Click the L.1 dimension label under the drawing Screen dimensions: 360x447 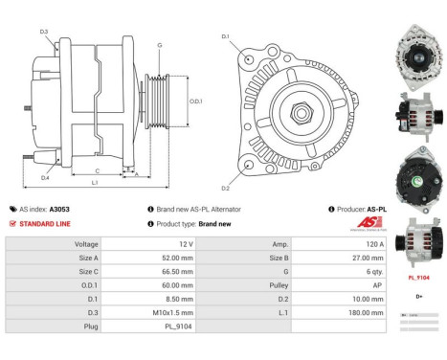click(94, 182)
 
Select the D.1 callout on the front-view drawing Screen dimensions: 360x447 click(225, 36)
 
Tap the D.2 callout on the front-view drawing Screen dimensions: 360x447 click(225, 188)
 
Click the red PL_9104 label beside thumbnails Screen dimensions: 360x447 click(418, 278)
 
